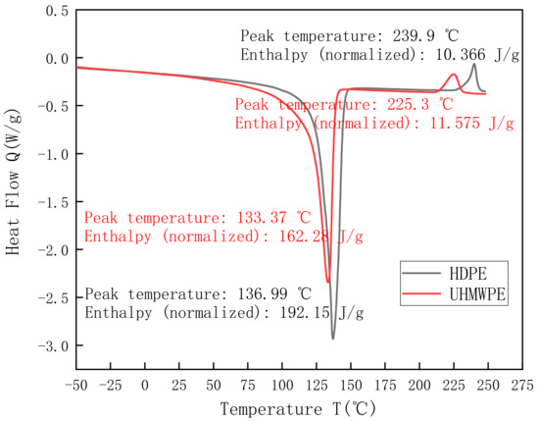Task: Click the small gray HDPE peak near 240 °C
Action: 474,64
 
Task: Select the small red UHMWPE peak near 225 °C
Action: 454,75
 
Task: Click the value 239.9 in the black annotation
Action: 413,35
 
